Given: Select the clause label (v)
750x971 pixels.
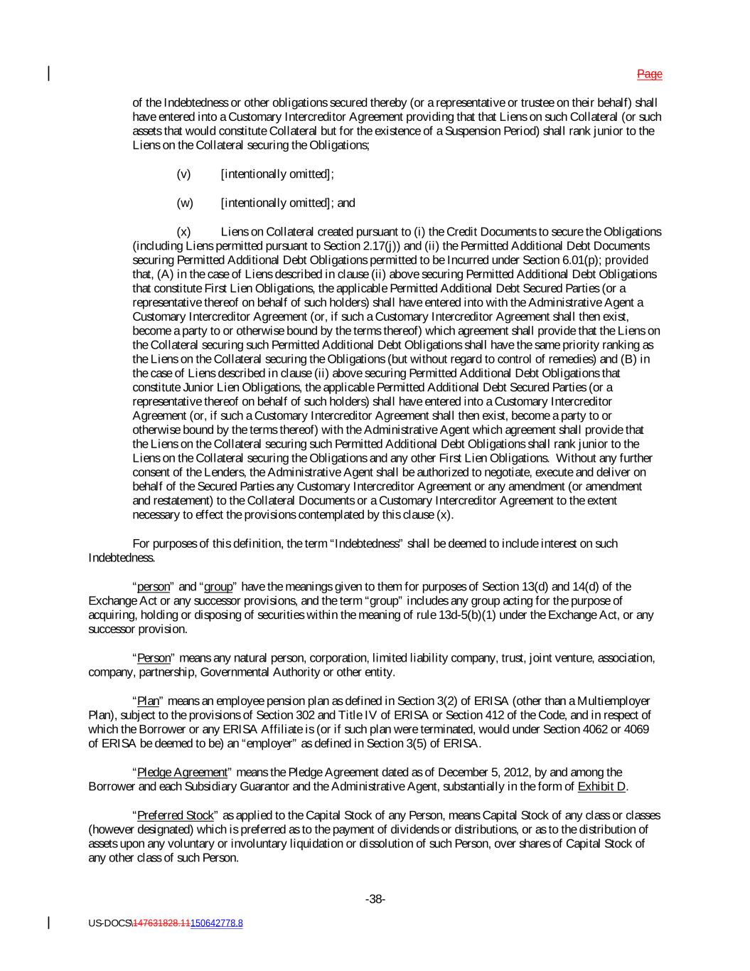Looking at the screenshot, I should pos(183,174).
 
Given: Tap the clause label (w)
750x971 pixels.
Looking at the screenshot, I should pos(184,203).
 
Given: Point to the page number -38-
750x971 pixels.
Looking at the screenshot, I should pos(375,899).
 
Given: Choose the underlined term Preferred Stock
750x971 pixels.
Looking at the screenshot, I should pos(175,815).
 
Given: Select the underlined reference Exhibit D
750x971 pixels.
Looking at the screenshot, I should pos(602,786).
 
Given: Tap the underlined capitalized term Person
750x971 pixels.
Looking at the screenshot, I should pos(154,658).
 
